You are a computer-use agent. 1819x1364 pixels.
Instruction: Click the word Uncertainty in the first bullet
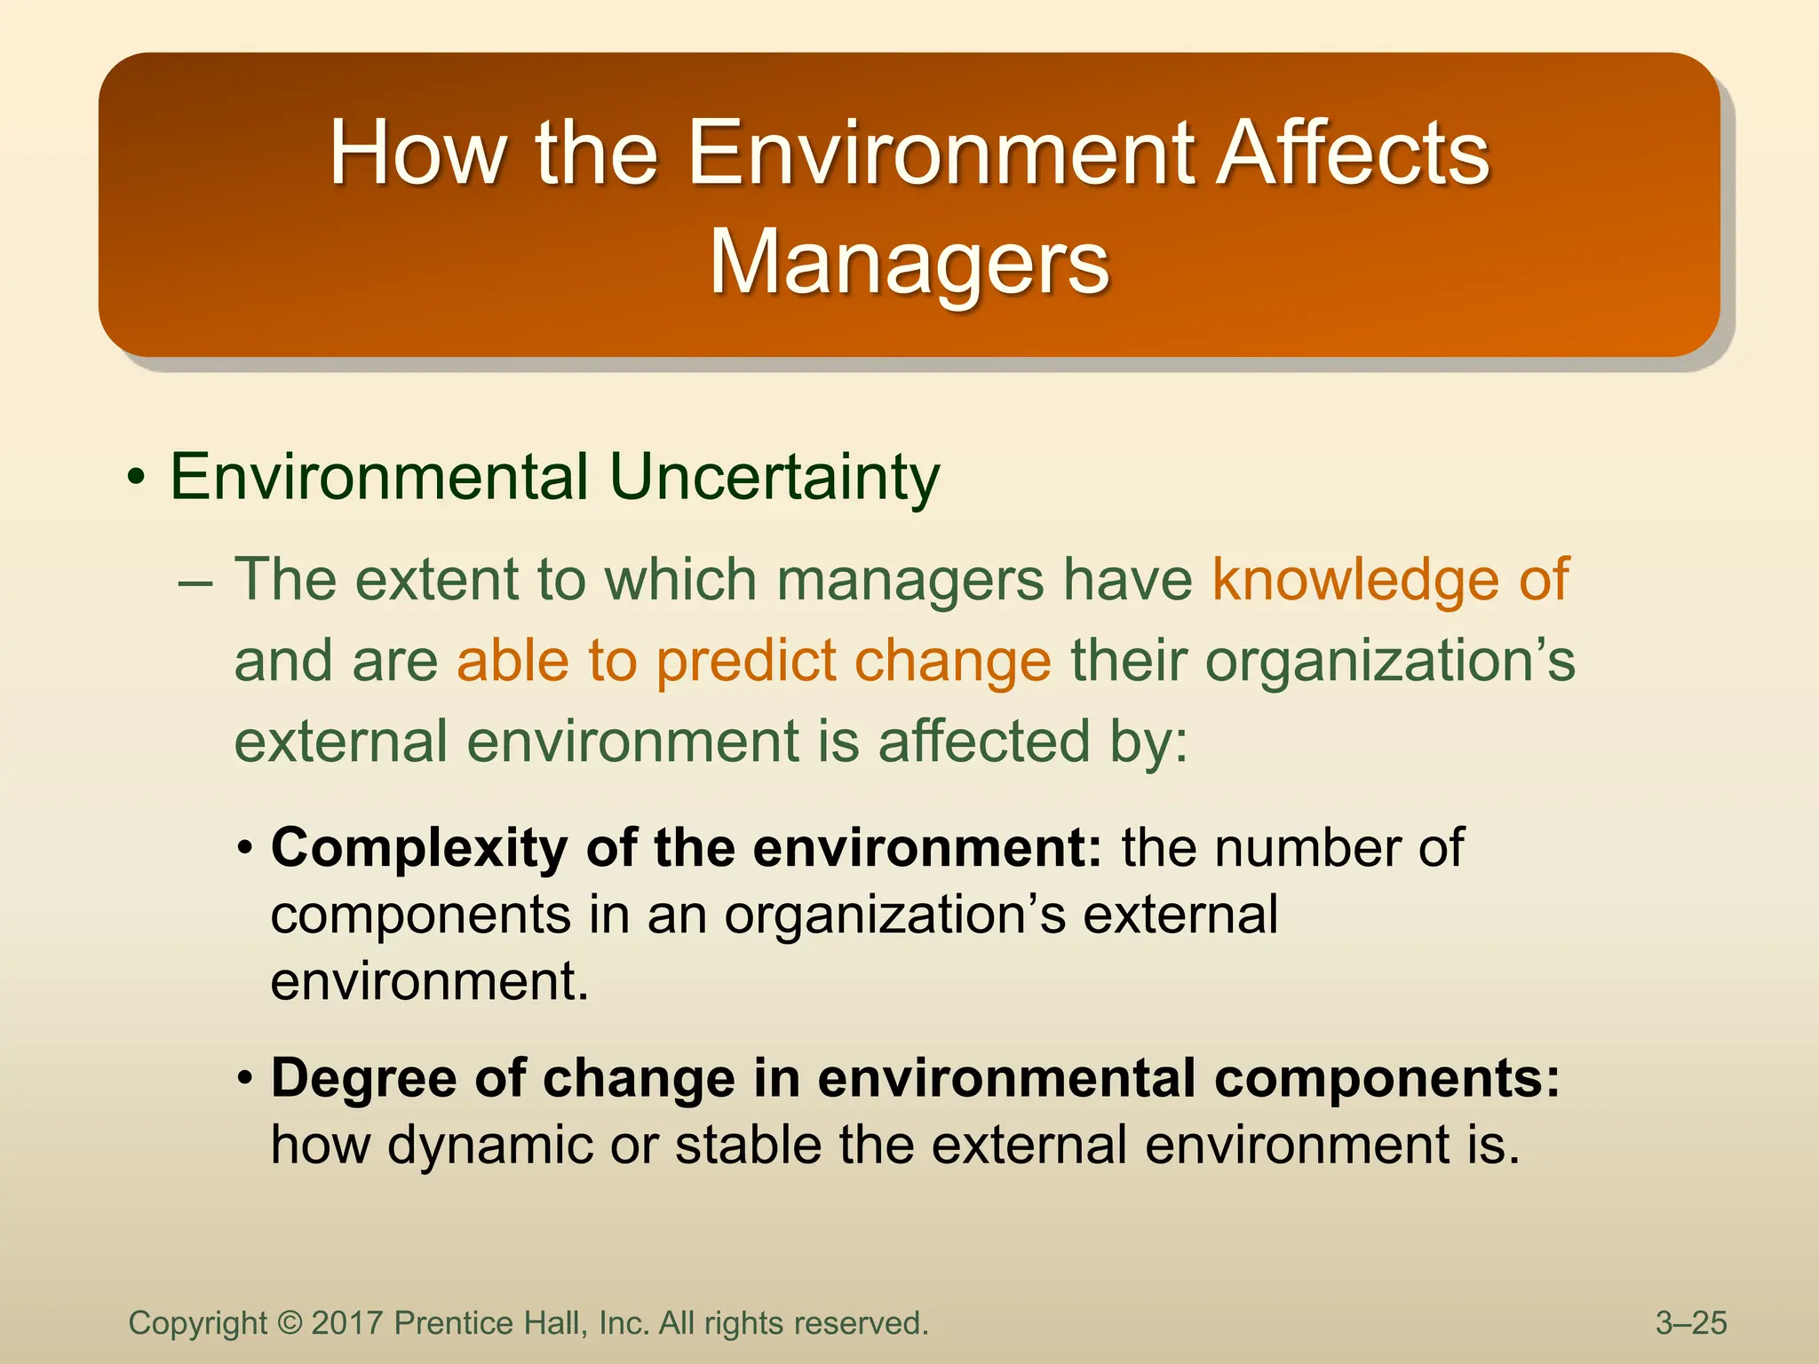[x=774, y=477]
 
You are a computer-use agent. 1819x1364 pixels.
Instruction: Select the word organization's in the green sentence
[x=1389, y=662]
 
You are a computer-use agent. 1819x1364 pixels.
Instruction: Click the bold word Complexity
[x=418, y=848]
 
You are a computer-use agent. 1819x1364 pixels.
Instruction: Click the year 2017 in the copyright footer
[x=347, y=1323]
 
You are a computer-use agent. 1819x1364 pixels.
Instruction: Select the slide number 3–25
[x=1691, y=1323]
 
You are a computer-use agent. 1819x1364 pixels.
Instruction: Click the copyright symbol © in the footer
[x=290, y=1323]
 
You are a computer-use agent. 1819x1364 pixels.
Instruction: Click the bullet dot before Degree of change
[x=246, y=1081]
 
